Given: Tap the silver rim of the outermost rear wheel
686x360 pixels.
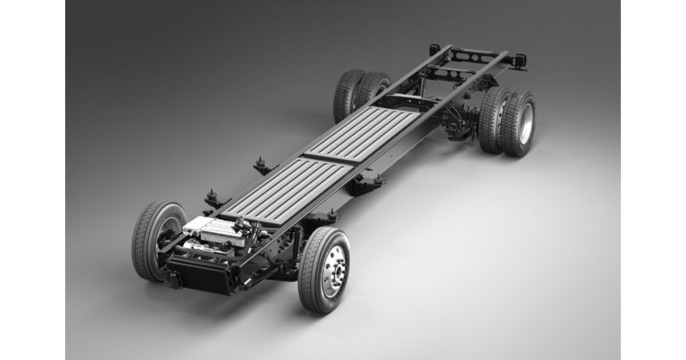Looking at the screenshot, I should coord(525,124).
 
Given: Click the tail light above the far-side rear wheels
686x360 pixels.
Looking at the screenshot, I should coord(434,49).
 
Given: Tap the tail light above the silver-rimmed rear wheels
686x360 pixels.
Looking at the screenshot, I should coord(519,60).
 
